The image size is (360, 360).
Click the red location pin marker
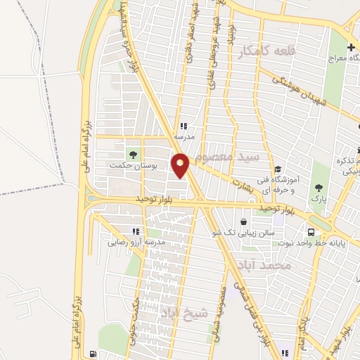(181, 166)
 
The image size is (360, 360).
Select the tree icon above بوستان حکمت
(132, 153)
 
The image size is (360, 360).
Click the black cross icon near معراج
(352, 48)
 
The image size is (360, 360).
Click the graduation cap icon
(278, 169)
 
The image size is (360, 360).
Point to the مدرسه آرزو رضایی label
(136, 243)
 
